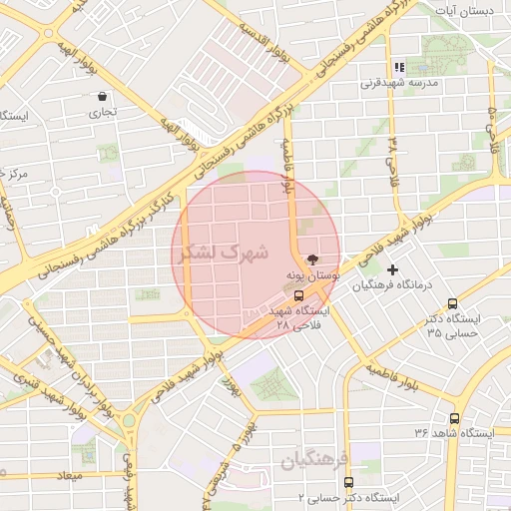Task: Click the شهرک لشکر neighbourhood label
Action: [226, 253]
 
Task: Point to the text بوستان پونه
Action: [314, 272]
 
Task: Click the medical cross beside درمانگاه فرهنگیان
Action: [392, 269]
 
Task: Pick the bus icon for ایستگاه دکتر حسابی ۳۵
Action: [453, 303]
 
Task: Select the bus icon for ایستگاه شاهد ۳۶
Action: [456, 419]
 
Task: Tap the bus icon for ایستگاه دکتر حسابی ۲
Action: [348, 482]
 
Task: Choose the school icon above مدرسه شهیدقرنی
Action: [397, 68]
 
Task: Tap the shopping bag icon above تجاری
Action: [104, 97]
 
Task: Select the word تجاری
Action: [104, 112]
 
